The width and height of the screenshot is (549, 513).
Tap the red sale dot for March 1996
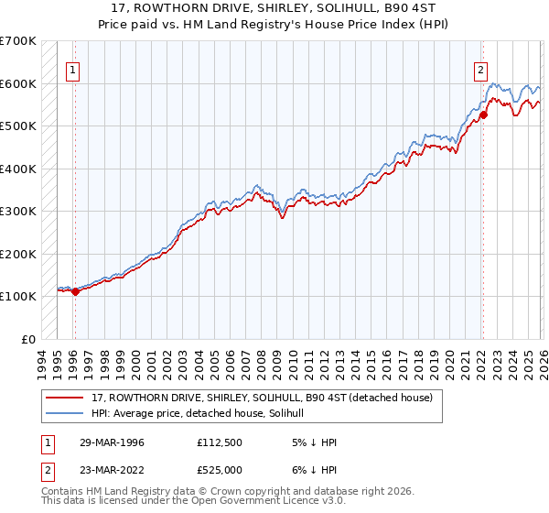point(75,291)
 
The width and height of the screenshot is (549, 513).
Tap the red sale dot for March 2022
point(483,115)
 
